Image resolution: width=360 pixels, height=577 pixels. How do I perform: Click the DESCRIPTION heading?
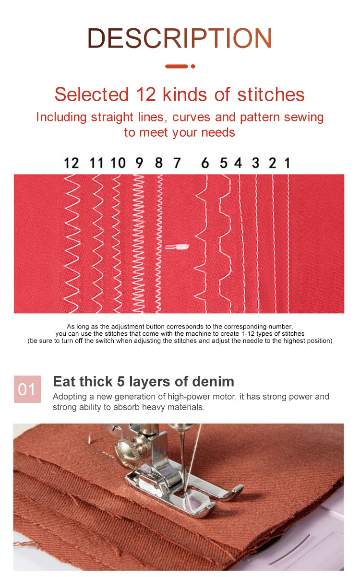pyautogui.click(x=180, y=38)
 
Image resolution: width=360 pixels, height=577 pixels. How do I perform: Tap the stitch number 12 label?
pyautogui.click(x=72, y=163)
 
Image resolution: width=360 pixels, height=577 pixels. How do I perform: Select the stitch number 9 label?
pyautogui.click(x=139, y=163)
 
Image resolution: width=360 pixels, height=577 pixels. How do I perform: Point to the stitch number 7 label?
pyautogui.click(x=177, y=163)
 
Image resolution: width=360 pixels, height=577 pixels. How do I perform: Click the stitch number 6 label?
pyautogui.click(x=205, y=163)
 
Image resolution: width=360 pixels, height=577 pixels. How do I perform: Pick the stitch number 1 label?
pyautogui.click(x=288, y=163)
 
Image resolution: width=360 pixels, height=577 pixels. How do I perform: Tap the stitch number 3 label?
pyautogui.click(x=255, y=163)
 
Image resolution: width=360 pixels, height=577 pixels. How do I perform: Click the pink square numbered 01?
pyautogui.click(x=27, y=389)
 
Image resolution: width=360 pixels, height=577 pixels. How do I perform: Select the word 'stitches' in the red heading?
pyautogui.click(x=271, y=94)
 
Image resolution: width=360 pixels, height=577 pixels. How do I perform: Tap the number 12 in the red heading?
pyautogui.click(x=146, y=94)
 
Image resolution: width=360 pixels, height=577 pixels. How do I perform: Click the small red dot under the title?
pyautogui.click(x=193, y=67)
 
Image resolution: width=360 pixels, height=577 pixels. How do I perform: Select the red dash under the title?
pyautogui.click(x=177, y=67)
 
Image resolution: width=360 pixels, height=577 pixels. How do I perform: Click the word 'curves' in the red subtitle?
pyautogui.click(x=191, y=118)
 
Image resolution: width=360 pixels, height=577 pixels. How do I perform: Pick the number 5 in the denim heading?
pyautogui.click(x=121, y=381)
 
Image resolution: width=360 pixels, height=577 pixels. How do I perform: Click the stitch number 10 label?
pyautogui.click(x=118, y=163)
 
